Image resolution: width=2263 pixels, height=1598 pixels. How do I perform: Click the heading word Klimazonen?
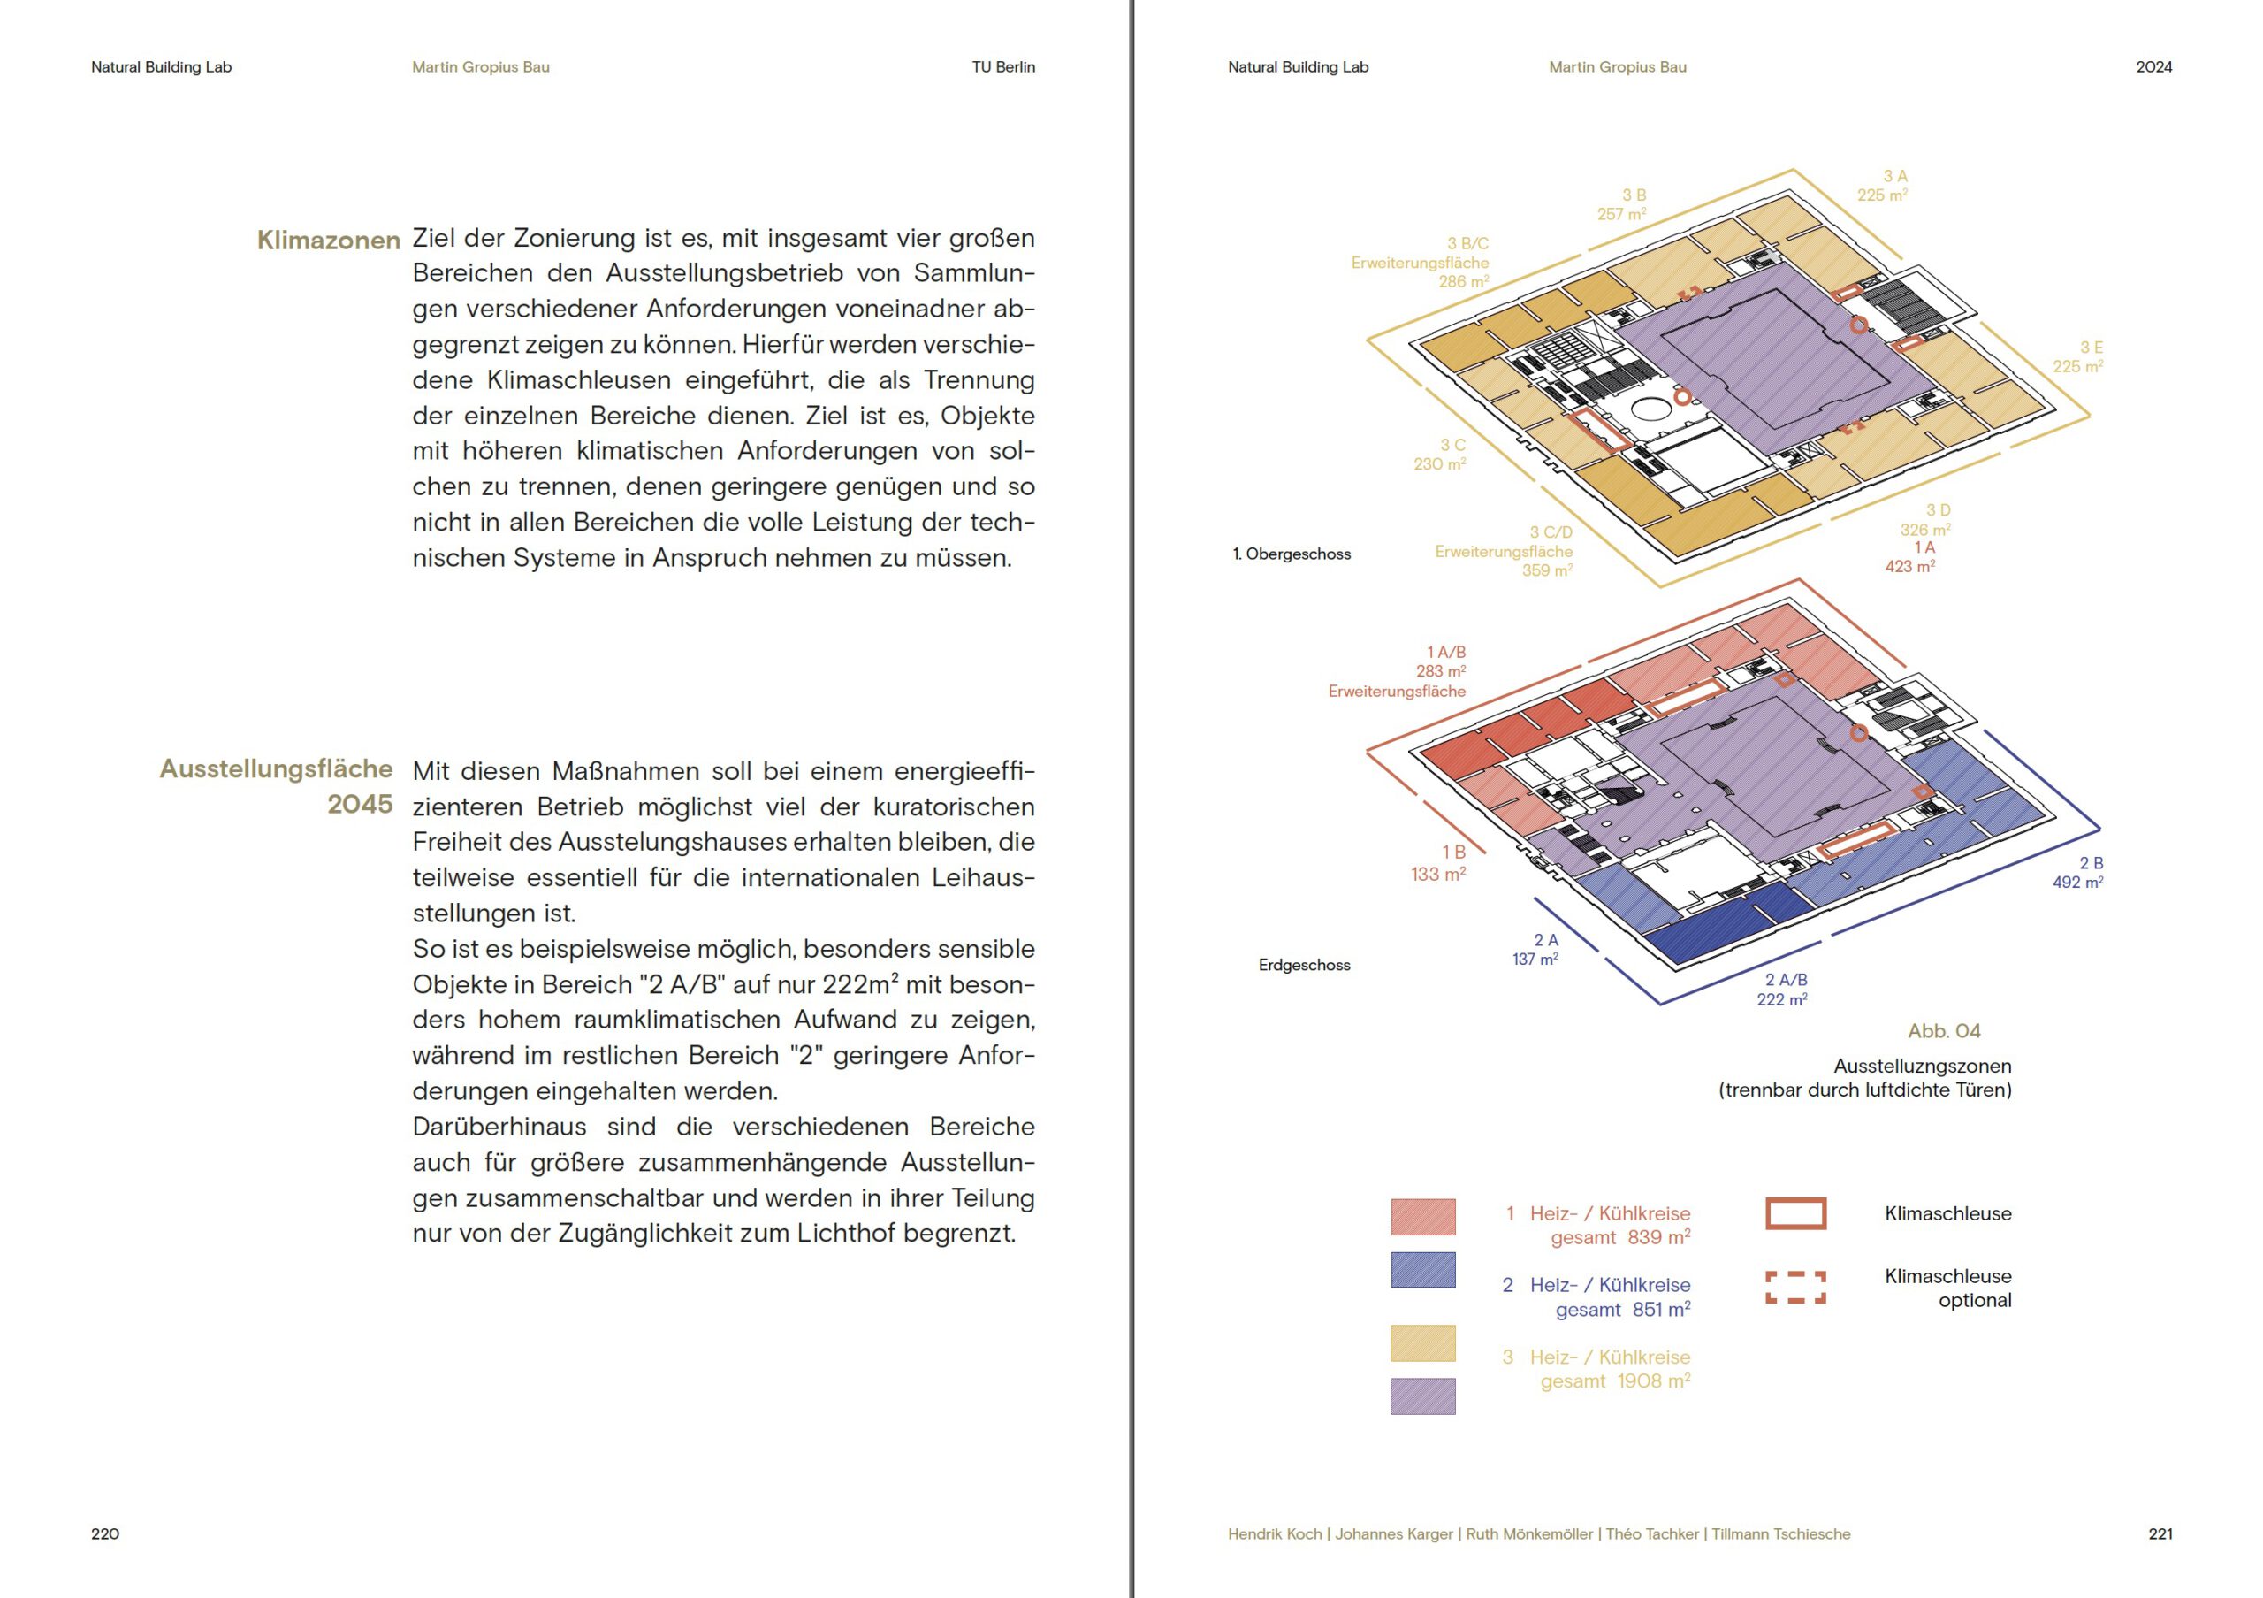tap(328, 241)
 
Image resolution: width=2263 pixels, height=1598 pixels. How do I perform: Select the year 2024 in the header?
tap(2153, 67)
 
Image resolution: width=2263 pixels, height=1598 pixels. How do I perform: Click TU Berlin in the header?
tap(1003, 67)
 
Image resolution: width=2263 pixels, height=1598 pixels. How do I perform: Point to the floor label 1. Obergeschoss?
tap(1292, 554)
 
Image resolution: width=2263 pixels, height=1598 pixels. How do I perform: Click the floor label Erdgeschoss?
tap(1304, 965)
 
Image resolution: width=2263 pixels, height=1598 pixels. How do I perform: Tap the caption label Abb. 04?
tap(1944, 1031)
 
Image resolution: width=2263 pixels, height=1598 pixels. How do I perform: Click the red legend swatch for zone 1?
tap(1422, 1217)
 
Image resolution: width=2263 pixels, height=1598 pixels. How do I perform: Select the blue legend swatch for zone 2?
tap(1422, 1270)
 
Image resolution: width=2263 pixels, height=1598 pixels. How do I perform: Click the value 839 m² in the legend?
tap(1659, 1236)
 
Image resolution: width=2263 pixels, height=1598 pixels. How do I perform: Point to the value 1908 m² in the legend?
tap(1654, 1380)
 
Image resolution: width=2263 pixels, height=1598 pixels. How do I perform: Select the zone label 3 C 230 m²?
tap(1440, 455)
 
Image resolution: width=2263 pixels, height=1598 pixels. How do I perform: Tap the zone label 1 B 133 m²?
tap(1438, 862)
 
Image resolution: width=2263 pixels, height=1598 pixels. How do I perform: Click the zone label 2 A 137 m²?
tap(1535, 949)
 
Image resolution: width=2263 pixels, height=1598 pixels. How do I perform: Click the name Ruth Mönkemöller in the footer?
tap(1528, 1534)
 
